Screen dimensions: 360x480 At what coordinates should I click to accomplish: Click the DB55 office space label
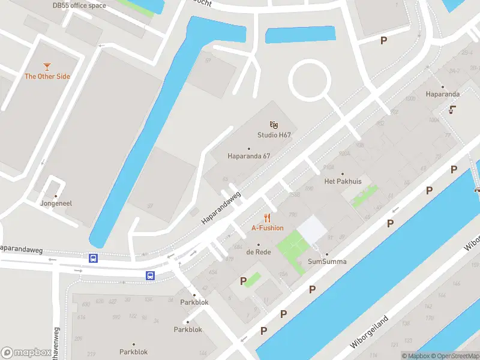click(x=79, y=6)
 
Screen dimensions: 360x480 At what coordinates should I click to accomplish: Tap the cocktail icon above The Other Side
click(x=47, y=66)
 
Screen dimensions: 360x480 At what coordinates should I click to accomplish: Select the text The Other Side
click(x=47, y=76)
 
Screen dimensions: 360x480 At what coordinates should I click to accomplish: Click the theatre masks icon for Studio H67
click(x=274, y=124)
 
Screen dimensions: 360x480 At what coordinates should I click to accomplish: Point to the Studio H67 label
click(x=274, y=135)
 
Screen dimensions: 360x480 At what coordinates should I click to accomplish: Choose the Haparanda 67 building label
click(x=249, y=156)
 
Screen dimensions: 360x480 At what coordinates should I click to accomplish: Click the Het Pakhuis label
click(x=343, y=181)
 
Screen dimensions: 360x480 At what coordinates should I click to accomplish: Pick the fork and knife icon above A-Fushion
click(x=268, y=218)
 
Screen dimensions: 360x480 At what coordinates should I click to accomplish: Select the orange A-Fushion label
click(x=268, y=228)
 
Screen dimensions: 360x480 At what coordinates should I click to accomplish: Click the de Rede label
click(x=259, y=252)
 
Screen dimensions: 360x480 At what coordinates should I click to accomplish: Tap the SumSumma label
click(x=327, y=262)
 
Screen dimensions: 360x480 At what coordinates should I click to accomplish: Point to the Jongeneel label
click(x=56, y=203)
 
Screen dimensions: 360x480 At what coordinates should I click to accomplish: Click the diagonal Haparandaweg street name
click(x=221, y=208)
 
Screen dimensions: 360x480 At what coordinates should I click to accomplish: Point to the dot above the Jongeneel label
click(x=56, y=196)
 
